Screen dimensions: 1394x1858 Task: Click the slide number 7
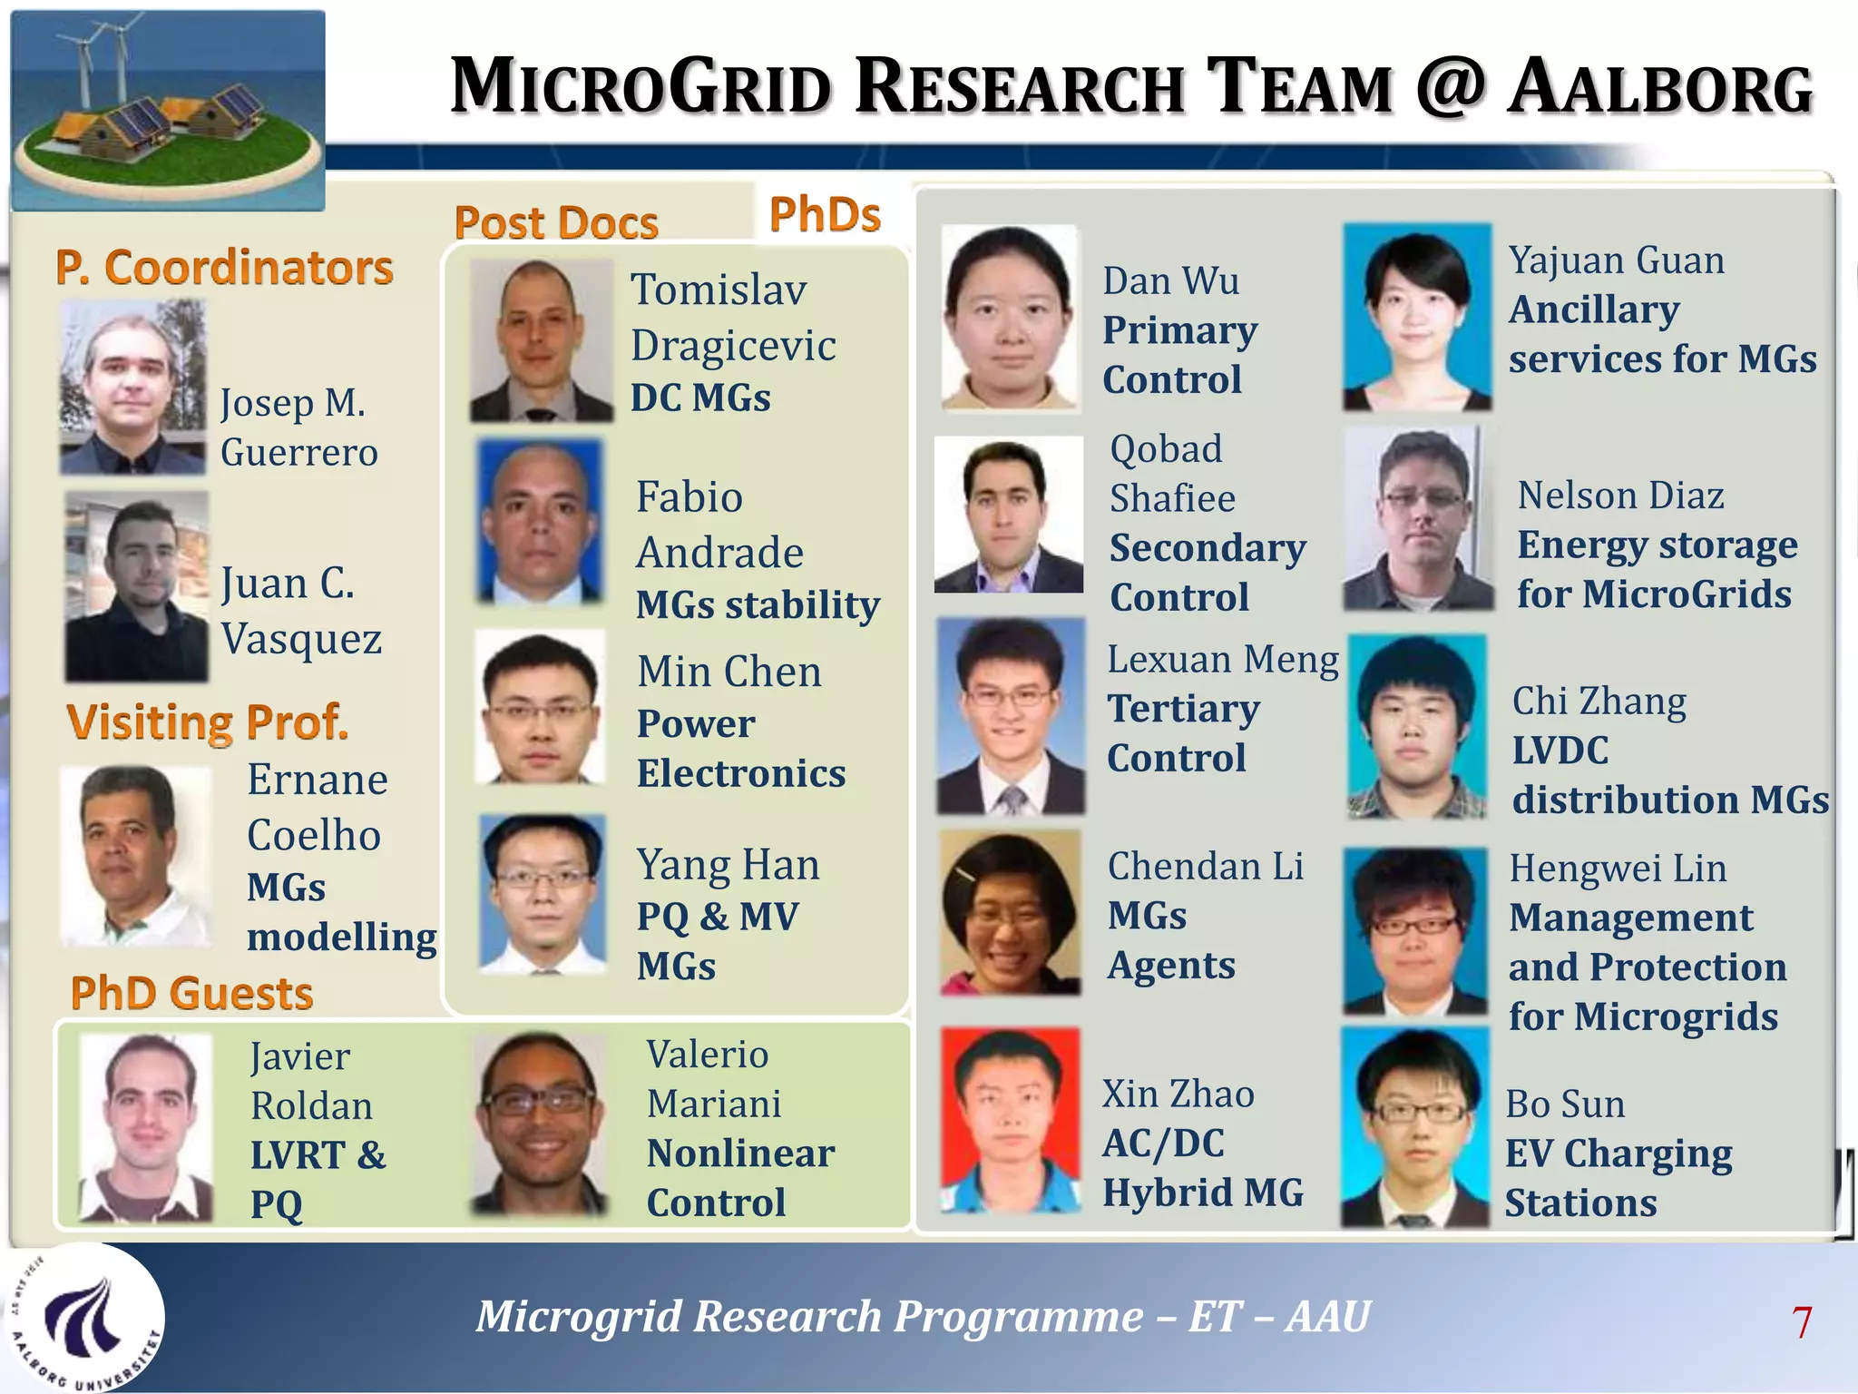(x=1802, y=1322)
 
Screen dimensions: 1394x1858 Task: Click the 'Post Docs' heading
(x=556, y=222)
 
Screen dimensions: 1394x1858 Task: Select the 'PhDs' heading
(x=825, y=215)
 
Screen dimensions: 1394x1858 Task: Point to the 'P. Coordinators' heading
(x=224, y=268)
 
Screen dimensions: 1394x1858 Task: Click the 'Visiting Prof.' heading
(x=208, y=722)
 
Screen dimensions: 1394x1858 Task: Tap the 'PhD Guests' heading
(x=191, y=993)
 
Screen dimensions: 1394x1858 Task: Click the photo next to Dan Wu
(x=1010, y=319)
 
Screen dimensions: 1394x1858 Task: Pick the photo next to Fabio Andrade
(x=540, y=521)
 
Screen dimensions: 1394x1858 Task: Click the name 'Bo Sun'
(x=1565, y=1104)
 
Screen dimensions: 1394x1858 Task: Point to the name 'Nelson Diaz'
(x=1620, y=496)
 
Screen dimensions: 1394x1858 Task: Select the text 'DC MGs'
(x=700, y=398)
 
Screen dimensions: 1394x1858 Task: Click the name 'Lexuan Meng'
(x=1222, y=660)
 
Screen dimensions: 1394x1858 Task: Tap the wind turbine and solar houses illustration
(x=168, y=110)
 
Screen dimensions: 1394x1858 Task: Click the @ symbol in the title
(x=1449, y=86)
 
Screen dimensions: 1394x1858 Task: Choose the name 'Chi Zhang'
(x=1599, y=702)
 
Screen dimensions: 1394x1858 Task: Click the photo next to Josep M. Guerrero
(x=132, y=388)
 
